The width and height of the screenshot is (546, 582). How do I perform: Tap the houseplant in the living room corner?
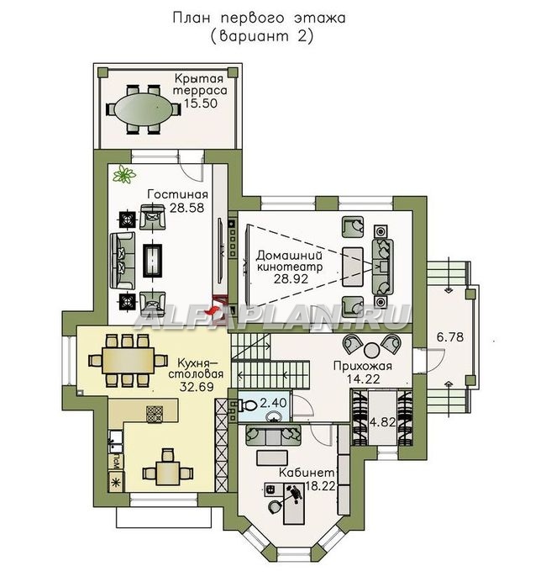point(124,174)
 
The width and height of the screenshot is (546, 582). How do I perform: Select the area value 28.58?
point(186,208)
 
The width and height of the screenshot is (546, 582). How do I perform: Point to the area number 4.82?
point(383,422)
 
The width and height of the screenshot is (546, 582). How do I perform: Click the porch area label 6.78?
point(450,337)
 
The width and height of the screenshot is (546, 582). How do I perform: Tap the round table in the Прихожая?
point(370,349)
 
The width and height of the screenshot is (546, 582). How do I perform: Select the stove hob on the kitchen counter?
point(155,414)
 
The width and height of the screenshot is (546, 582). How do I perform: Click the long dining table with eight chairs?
point(129,361)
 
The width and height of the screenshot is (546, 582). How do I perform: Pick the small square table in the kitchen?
point(167,473)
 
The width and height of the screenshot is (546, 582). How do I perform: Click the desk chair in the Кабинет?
point(275,506)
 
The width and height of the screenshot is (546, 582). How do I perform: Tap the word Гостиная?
point(177,194)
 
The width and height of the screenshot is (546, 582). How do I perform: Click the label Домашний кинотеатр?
point(290,261)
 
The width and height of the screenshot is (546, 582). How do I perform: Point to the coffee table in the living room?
point(153,260)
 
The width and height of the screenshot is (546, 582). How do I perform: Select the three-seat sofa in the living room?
point(122,261)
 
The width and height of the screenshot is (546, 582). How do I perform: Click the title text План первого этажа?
point(259,18)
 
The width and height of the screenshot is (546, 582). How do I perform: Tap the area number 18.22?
point(321,485)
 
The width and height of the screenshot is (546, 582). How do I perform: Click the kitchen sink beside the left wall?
point(116,442)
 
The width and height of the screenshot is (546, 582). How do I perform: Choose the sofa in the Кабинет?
point(273,436)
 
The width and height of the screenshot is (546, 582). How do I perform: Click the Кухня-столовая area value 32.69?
point(197,386)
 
